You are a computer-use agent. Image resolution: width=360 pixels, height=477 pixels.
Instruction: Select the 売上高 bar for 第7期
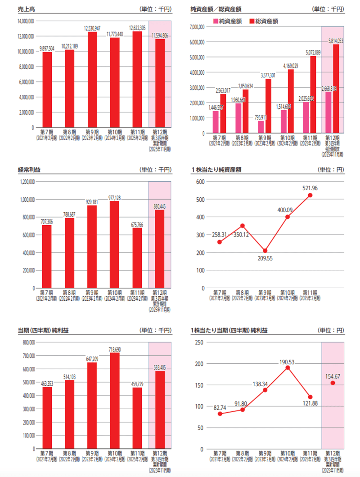(x=47, y=90)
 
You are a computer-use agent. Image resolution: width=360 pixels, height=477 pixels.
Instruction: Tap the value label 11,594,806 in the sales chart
(x=160, y=35)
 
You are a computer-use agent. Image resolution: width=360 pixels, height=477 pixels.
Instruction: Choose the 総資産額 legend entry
(x=263, y=21)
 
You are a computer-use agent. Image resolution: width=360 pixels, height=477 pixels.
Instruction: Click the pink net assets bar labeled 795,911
(x=261, y=127)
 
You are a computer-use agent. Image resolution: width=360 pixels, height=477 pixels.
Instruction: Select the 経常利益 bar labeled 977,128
(x=115, y=245)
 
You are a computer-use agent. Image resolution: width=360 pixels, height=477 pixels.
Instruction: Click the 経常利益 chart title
(x=27, y=169)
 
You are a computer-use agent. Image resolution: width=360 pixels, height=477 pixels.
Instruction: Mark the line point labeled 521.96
(x=310, y=195)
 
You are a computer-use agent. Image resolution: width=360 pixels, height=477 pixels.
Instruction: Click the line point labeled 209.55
(x=265, y=251)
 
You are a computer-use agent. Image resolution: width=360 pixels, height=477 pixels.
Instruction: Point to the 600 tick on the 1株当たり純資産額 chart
(x=200, y=182)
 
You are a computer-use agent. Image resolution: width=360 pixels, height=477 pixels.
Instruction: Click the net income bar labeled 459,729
(x=137, y=418)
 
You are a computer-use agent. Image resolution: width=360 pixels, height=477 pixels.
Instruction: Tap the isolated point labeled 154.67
(x=333, y=383)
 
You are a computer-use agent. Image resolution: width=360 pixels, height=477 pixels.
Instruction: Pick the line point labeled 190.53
(x=288, y=368)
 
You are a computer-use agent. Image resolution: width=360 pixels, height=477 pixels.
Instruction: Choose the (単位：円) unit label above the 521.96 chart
(x=331, y=169)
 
